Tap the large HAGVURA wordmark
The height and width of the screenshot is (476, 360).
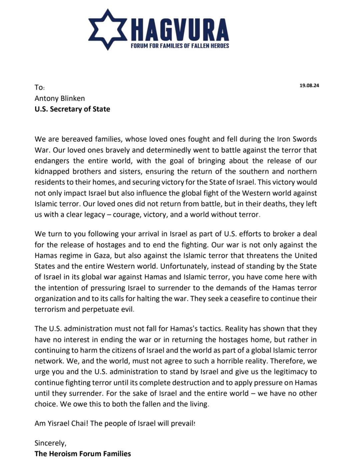tap(180, 31)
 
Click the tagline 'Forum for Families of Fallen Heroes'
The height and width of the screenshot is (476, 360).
tap(180, 46)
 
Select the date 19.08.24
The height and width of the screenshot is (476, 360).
tap(309, 85)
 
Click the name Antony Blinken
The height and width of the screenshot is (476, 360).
tap(60, 98)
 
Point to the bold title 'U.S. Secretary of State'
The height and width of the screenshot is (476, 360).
tap(72, 109)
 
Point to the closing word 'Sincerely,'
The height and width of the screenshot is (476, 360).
tap(50, 443)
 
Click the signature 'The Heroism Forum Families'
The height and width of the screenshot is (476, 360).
tap(83, 454)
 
